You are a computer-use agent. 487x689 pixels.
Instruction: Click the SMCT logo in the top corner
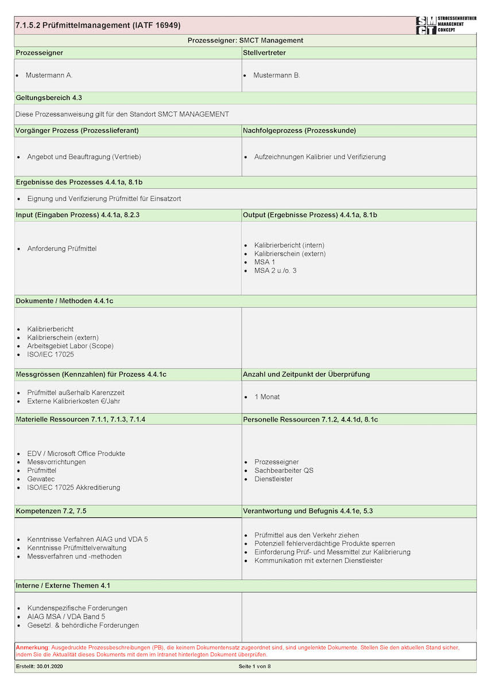446,25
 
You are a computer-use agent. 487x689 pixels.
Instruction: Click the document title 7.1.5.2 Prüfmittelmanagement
98,25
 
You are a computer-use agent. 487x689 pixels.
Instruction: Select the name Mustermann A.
49,75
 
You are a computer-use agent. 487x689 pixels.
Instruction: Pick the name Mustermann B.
276,75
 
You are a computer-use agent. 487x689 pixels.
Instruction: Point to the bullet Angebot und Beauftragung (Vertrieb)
84,157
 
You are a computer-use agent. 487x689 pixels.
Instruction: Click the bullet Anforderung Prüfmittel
61,249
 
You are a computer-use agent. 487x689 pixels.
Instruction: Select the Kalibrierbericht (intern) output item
289,245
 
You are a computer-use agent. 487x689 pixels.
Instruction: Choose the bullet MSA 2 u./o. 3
276,270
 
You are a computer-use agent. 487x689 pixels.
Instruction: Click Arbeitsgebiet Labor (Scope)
70,346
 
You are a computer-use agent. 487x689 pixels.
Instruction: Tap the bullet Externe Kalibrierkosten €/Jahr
74,401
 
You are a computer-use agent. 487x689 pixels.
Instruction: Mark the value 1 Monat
267,397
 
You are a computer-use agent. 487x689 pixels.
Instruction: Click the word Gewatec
41,479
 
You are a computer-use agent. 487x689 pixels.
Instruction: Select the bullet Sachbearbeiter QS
284,470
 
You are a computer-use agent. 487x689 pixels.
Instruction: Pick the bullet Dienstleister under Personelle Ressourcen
273,479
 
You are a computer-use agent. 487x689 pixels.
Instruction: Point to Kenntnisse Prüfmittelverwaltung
76,548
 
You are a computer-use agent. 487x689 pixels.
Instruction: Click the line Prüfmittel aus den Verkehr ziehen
307,535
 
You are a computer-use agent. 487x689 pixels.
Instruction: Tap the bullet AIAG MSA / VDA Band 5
66,617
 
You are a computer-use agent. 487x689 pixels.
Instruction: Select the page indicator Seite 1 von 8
254,667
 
